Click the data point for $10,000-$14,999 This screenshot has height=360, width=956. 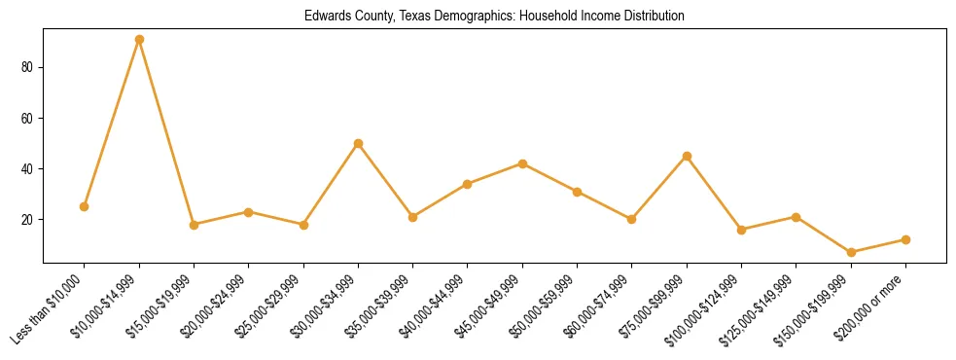click(139, 40)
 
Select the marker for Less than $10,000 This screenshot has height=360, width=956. click(85, 206)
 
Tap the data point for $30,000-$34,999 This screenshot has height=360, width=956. click(358, 143)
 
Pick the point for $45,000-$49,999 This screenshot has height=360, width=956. click(523, 163)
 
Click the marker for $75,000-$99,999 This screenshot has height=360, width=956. click(687, 156)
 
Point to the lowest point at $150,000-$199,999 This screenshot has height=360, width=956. click(851, 252)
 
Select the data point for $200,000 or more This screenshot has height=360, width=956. click(905, 239)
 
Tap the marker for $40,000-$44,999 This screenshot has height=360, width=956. click(468, 184)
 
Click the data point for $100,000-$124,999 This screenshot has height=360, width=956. click(742, 230)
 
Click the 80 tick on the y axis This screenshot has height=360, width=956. click(29, 68)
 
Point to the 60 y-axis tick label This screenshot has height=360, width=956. click(29, 119)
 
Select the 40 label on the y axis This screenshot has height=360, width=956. click(29, 169)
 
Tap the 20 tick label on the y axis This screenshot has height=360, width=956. click(29, 220)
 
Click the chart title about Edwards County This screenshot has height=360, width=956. click(494, 17)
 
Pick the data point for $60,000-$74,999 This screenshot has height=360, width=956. click(632, 219)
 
